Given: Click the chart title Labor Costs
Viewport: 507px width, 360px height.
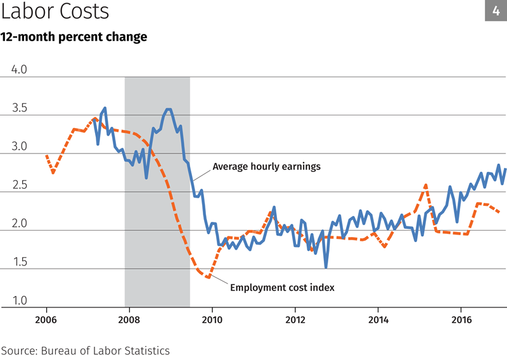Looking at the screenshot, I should click(x=55, y=11).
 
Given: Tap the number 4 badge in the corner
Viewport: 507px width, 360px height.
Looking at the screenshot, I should click(x=496, y=11).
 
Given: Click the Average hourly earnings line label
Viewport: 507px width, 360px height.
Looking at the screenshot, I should click(x=266, y=167).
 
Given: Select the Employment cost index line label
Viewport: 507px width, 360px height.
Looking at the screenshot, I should click(x=282, y=288).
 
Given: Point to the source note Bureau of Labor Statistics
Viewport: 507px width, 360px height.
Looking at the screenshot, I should click(x=85, y=350).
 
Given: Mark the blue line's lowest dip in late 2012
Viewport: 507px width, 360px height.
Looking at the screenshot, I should click(x=326, y=266).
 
